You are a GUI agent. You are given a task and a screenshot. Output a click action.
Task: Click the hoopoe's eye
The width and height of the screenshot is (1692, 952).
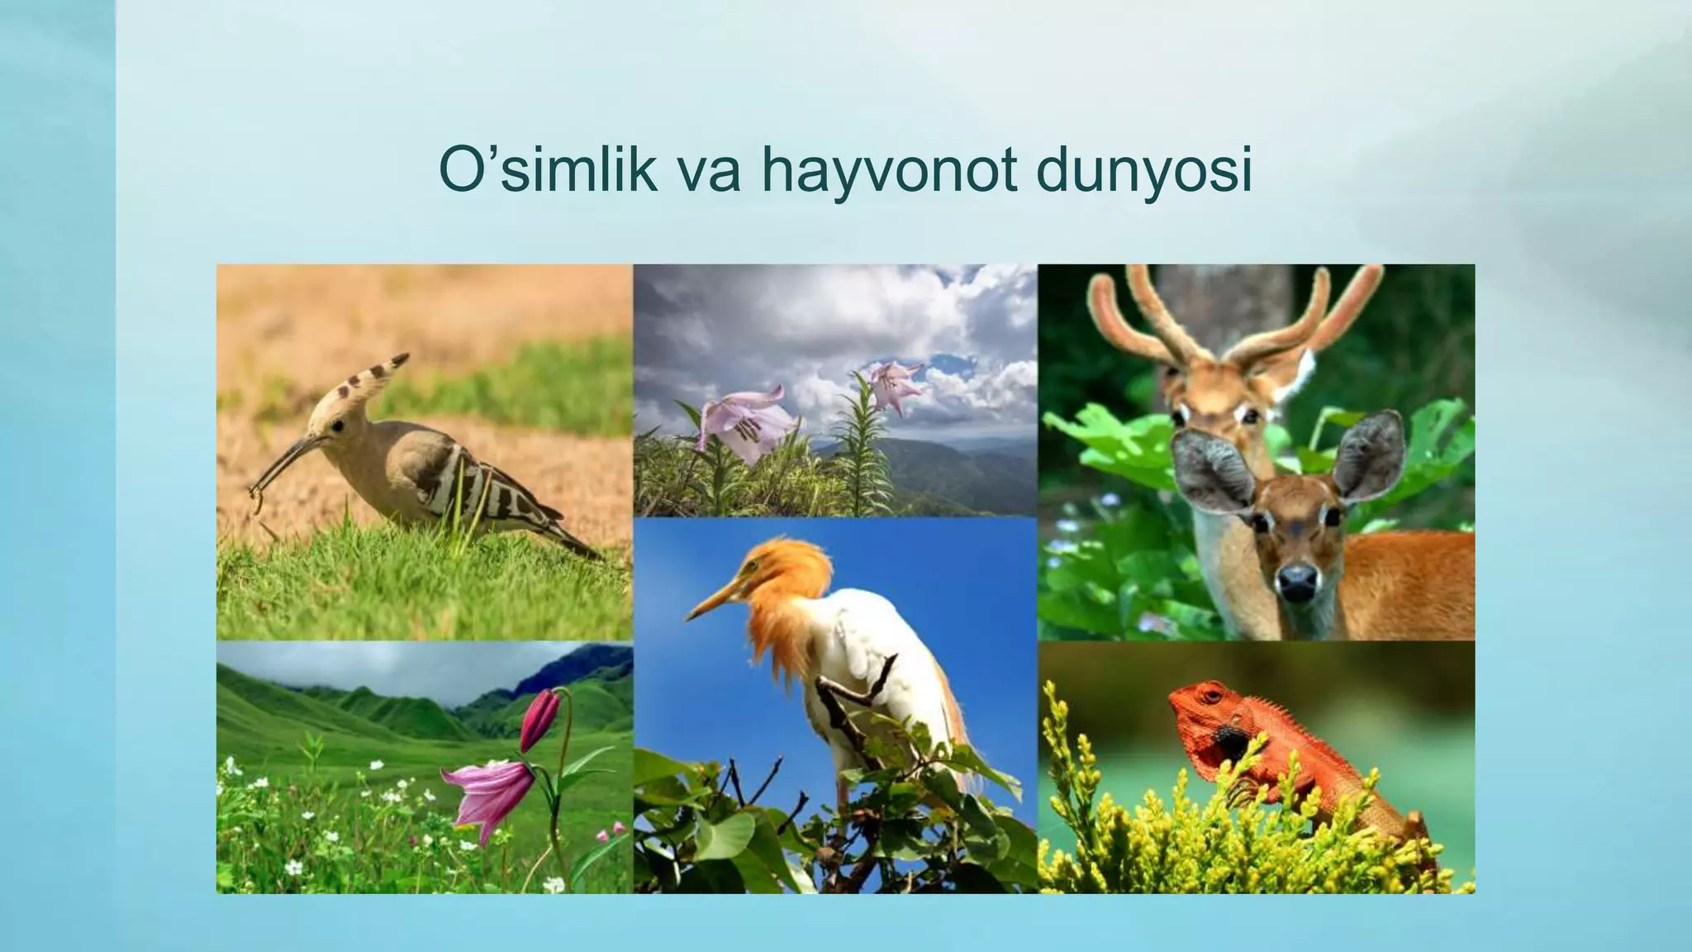coord(337,426)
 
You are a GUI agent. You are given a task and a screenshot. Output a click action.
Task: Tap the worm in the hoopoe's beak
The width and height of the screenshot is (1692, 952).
coord(257,496)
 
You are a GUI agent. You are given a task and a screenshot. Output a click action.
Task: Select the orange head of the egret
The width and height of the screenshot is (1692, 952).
coord(785,570)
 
